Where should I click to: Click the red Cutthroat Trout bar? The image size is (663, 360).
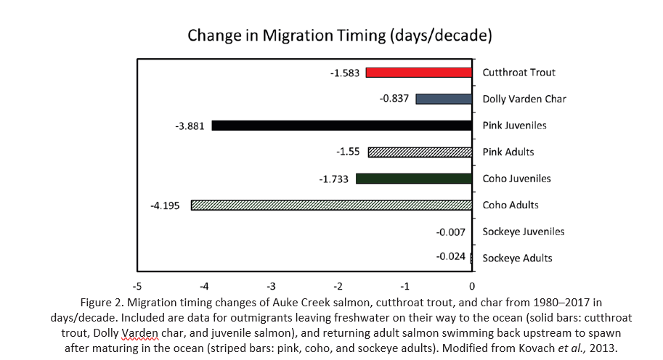click(419, 73)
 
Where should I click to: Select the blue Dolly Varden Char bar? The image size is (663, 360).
click(444, 99)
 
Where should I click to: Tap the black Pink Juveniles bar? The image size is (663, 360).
click(342, 126)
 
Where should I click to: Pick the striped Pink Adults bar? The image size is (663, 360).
click(420, 152)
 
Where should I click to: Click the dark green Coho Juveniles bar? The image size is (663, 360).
click(414, 179)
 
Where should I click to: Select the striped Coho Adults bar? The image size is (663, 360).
click(331, 205)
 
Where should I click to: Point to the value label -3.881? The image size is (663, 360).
click(190, 126)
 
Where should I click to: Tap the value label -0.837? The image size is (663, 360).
click(395, 99)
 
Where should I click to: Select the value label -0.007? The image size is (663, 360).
click(450, 232)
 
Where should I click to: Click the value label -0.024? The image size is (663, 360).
click(450, 257)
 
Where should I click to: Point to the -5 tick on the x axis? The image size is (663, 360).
click(137, 285)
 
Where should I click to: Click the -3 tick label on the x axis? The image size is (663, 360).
click(271, 285)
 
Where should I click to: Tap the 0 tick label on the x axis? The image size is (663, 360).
click(473, 285)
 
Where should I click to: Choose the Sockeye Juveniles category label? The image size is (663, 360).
click(523, 232)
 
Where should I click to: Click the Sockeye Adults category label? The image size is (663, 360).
click(517, 258)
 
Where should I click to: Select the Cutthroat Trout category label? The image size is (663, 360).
click(518, 73)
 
